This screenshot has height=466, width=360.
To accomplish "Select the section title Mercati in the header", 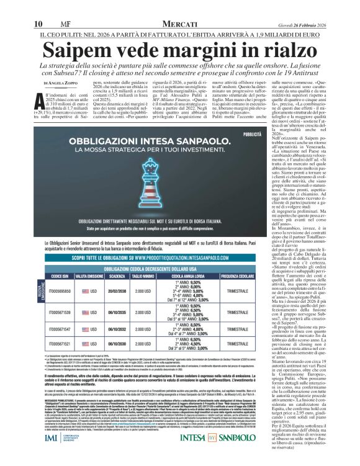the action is (180, 6).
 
